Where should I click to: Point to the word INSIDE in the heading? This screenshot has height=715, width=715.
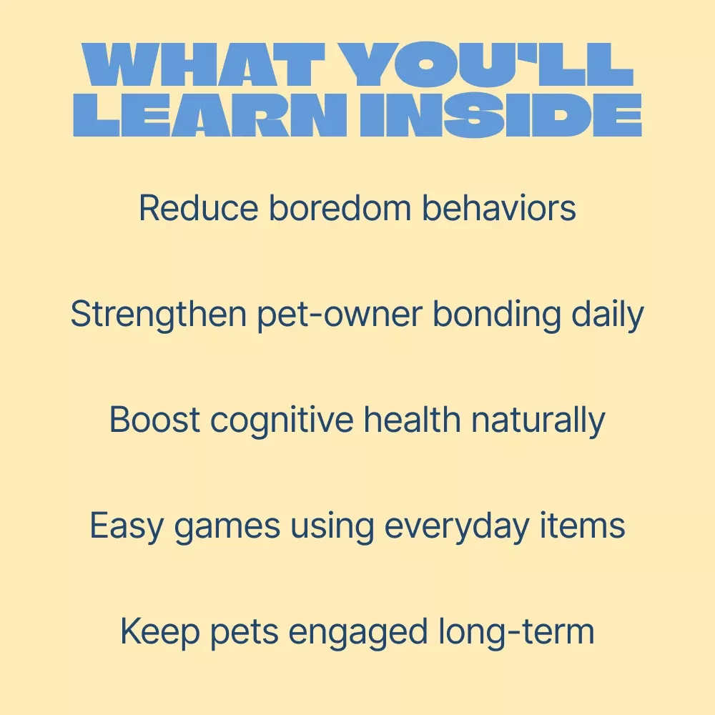500,115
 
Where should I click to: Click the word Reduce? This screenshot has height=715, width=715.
198,207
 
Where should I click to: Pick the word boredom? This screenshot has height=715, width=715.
340,207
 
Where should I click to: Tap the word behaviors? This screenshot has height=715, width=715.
499,207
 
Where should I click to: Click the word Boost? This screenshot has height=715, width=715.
154,420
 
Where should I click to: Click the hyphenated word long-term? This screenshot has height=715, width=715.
517,631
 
